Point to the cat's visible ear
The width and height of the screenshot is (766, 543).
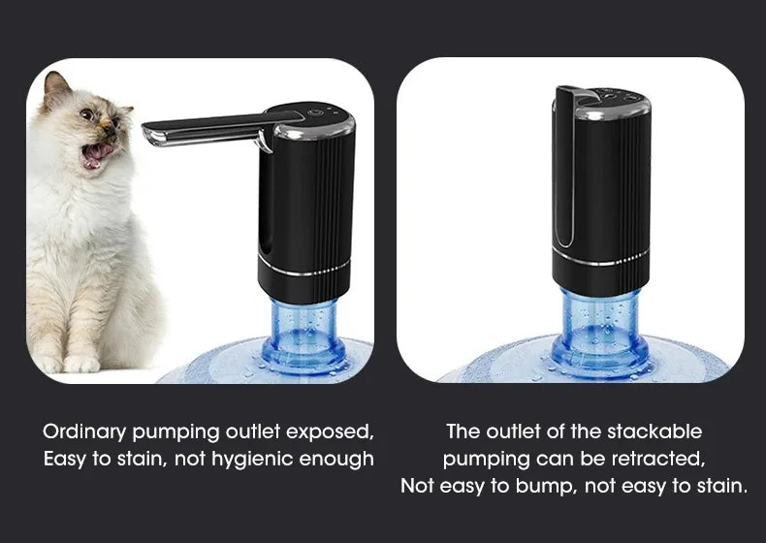pyautogui.click(x=56, y=90)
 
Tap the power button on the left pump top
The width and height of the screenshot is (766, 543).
pyautogui.click(x=313, y=113)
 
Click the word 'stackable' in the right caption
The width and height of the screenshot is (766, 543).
pyautogui.click(x=653, y=431)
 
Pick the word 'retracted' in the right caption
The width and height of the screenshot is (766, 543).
pyautogui.click(x=656, y=458)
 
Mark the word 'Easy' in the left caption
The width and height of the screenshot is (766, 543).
pyautogui.click(x=65, y=459)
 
